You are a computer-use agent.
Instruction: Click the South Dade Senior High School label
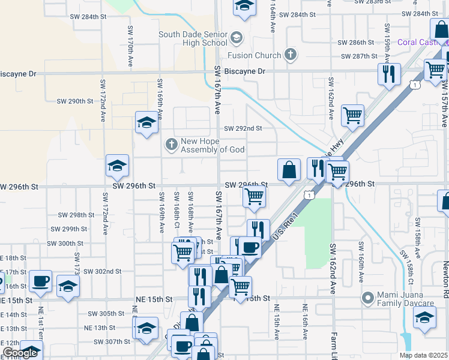pyautogui.click(x=193, y=38)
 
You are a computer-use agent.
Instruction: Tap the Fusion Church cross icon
pyautogui.click(x=291, y=55)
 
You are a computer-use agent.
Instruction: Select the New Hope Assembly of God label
pyautogui.click(x=212, y=145)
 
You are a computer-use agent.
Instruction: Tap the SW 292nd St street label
pyautogui.click(x=243, y=128)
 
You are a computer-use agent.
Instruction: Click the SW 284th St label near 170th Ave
pyautogui.click(x=83, y=17)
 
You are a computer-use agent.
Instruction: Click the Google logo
pyautogui.click(x=20, y=353)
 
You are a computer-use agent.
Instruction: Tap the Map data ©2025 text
pyautogui.click(x=424, y=355)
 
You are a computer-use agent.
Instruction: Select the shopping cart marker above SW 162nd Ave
pyautogui.click(x=352, y=115)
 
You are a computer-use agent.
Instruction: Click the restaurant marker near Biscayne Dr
pyautogui.click(x=389, y=74)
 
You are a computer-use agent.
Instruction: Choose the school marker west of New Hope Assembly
pyautogui.click(x=146, y=123)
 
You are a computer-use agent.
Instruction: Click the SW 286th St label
pyautogui.click(x=355, y=43)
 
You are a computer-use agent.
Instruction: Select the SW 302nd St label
pyautogui.click(x=102, y=271)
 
